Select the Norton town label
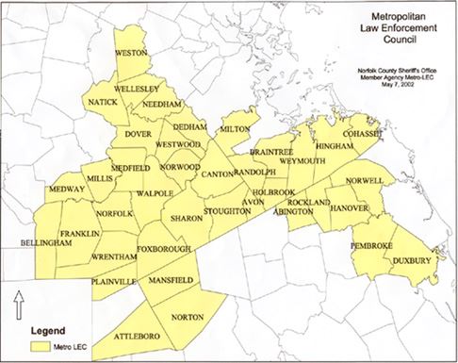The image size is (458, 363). [x=188, y=316]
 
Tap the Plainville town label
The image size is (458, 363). [x=114, y=281]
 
